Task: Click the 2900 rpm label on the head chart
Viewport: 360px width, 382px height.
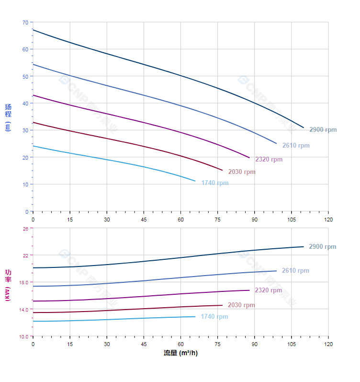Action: (323, 130)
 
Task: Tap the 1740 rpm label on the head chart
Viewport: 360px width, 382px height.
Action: (214, 183)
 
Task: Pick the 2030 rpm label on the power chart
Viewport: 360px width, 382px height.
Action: (241, 305)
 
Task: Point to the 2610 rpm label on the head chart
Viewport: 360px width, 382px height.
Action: (295, 146)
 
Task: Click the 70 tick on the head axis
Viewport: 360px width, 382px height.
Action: (25, 23)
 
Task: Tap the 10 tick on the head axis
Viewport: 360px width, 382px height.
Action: (25, 185)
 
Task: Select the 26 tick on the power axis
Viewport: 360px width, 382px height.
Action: (25, 229)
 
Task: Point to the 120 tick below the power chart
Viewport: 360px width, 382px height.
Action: (328, 344)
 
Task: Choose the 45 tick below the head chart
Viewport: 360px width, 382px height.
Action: (144, 220)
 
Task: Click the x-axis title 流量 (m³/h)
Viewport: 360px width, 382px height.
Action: (180, 353)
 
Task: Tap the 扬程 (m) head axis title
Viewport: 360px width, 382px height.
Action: (8, 117)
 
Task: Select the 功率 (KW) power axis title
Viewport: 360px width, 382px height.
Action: (8, 285)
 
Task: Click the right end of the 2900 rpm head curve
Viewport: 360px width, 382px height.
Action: (304, 127)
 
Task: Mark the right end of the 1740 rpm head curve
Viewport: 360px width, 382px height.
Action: (195, 181)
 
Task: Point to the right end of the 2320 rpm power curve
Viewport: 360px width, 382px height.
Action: (249, 290)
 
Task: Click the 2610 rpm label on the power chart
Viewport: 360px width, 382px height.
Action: (295, 271)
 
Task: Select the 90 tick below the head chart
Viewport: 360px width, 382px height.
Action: (254, 220)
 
